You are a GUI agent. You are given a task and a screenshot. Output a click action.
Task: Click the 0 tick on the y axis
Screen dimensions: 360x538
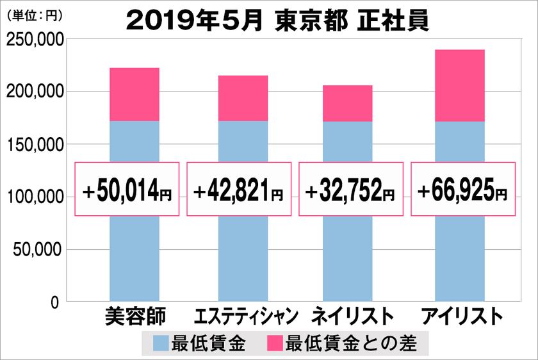click(56, 302)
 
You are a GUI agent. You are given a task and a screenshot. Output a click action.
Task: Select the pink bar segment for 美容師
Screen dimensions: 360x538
click(134, 94)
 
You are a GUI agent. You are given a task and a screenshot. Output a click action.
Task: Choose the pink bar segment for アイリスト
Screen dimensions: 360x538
click(459, 85)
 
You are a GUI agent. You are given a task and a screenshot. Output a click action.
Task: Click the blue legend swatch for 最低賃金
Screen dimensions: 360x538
click(161, 344)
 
